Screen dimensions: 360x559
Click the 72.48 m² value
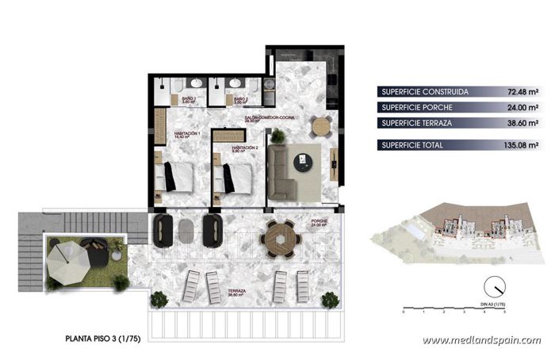coord(523,91)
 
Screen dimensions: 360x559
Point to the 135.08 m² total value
coord(521,145)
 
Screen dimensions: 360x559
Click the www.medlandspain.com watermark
coord(481,340)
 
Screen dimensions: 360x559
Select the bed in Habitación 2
coord(235,178)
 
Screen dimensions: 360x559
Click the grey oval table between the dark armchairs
coord(186,231)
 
